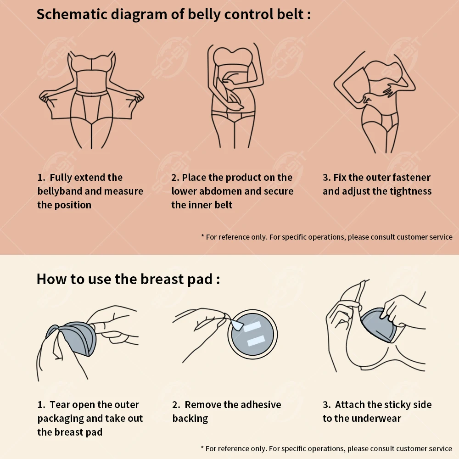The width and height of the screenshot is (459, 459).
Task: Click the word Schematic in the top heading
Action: pyautogui.click(x=72, y=14)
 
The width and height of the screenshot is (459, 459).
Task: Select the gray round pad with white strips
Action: pyautogui.click(x=252, y=334)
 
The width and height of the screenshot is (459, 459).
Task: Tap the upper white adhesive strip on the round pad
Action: pyautogui.click(x=252, y=326)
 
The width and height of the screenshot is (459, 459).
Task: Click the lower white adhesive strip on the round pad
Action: pyautogui.click(x=256, y=341)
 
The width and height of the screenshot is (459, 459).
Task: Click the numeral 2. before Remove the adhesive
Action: pyautogui.click(x=176, y=405)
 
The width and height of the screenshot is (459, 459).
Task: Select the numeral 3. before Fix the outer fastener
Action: pyautogui.click(x=327, y=178)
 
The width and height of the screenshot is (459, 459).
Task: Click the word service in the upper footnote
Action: pyautogui.click(x=441, y=237)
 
